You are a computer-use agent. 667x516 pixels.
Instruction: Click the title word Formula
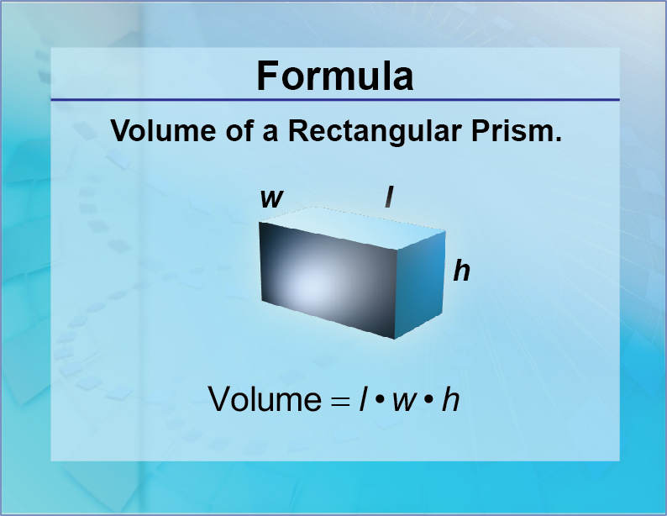pyautogui.click(x=334, y=76)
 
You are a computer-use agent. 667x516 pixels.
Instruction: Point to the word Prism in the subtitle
pyautogui.click(x=523, y=132)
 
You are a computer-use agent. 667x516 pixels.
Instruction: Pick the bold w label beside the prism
pyautogui.click(x=270, y=198)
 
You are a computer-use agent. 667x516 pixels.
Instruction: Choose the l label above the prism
pyautogui.click(x=389, y=197)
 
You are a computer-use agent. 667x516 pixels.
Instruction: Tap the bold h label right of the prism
pyautogui.click(x=461, y=271)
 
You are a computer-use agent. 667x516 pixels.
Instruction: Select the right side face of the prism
pyautogui.click(x=419, y=281)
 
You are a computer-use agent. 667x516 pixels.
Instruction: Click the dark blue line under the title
pyautogui.click(x=334, y=100)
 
